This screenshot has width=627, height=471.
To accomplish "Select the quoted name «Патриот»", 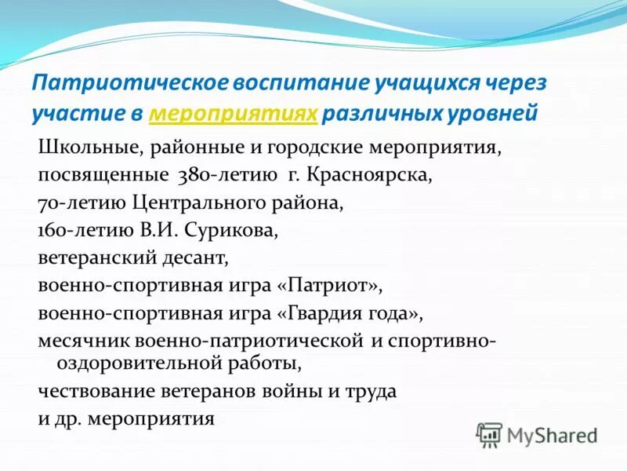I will coord(329,285).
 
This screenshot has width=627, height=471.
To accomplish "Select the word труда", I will coord(371,390).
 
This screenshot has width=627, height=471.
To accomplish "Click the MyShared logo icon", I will coord(489,434).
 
